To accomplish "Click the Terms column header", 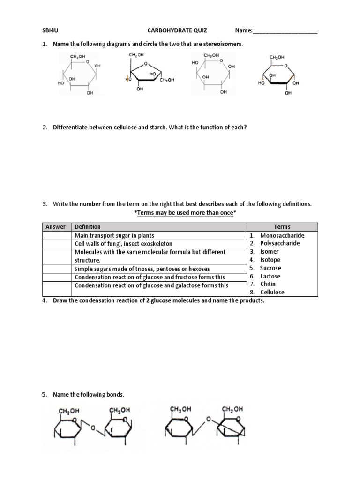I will (x=282, y=227).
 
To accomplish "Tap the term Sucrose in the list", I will (x=271, y=268).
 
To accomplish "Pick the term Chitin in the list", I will (x=268, y=284).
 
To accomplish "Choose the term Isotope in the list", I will (x=270, y=260).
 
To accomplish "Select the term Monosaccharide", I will (x=282, y=235).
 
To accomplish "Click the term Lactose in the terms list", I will (x=270, y=276).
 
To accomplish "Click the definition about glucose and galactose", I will (x=152, y=285).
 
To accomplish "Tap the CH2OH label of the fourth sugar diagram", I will (x=277, y=57).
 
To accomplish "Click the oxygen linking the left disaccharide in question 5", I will (x=94, y=427).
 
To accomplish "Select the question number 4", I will (x=45, y=300).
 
